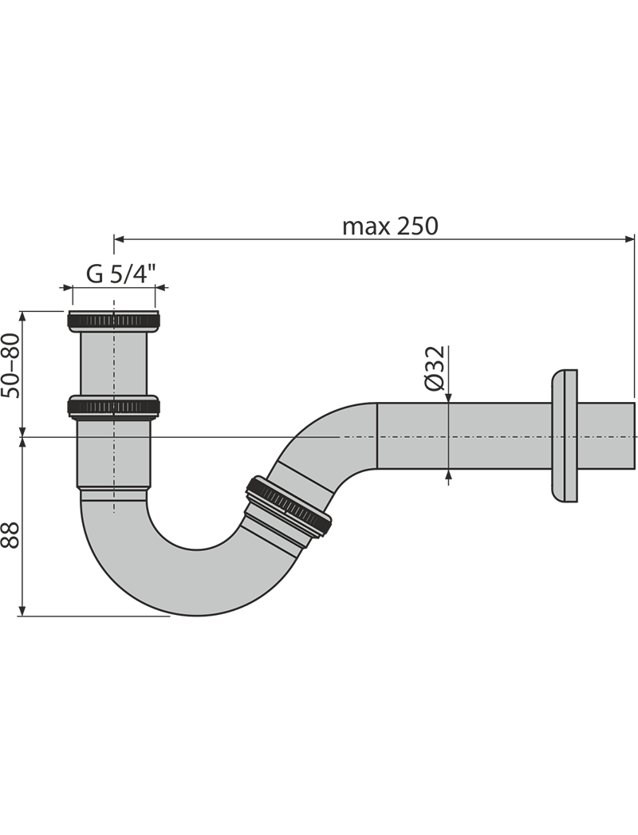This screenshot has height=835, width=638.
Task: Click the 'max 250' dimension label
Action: [x=390, y=226]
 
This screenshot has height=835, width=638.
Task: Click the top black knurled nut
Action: [x=114, y=321]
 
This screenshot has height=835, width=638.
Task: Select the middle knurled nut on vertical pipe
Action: [x=114, y=407]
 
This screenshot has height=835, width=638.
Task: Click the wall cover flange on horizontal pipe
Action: [x=564, y=435]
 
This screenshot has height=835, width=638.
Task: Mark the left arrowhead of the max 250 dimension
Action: [x=120, y=238]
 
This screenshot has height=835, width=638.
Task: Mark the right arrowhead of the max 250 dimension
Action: [x=630, y=238]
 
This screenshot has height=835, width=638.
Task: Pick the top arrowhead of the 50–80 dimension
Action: [x=24, y=316]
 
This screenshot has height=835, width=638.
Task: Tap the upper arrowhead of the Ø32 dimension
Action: [x=449, y=399]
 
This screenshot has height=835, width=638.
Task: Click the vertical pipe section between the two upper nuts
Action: [x=114, y=363]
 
